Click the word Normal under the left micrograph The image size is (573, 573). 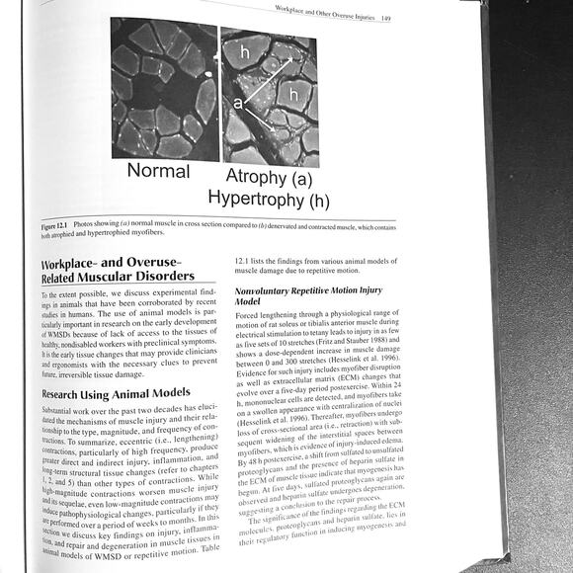[x=158, y=172]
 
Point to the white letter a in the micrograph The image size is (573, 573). [x=237, y=101]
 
